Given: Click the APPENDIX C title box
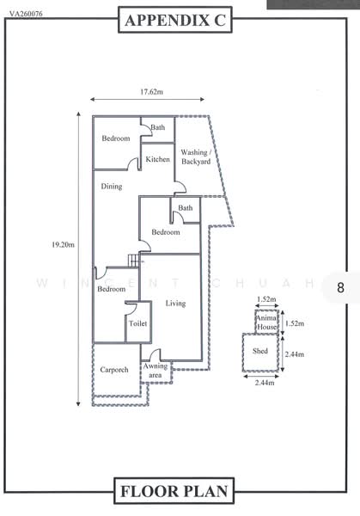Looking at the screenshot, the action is [x=175, y=20].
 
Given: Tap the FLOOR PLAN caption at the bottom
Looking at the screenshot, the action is [x=174, y=491].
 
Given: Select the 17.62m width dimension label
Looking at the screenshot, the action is [x=151, y=92].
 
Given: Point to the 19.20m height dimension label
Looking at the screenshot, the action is [x=63, y=244].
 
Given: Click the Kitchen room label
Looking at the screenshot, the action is [x=158, y=159].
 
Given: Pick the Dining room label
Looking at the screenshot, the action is [x=112, y=187].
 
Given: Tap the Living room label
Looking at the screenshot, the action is [x=175, y=304].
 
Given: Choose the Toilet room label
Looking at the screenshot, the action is [x=138, y=323].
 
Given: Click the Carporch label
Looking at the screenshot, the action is [x=114, y=370].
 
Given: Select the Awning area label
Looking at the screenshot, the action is [x=156, y=371].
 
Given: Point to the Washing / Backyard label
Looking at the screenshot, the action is [x=196, y=157].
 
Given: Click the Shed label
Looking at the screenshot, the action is [x=260, y=351].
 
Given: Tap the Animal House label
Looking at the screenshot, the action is [x=266, y=322].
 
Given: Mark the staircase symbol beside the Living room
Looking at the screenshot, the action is [x=134, y=261].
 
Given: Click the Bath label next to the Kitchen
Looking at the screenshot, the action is [x=158, y=127].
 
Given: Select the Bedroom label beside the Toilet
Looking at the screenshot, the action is [x=112, y=289].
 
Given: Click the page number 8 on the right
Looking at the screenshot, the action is [x=340, y=287].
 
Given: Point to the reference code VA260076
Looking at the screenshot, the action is [x=26, y=14].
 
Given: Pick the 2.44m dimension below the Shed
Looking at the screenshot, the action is [x=265, y=383].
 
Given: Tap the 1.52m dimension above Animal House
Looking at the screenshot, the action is [x=266, y=299].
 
